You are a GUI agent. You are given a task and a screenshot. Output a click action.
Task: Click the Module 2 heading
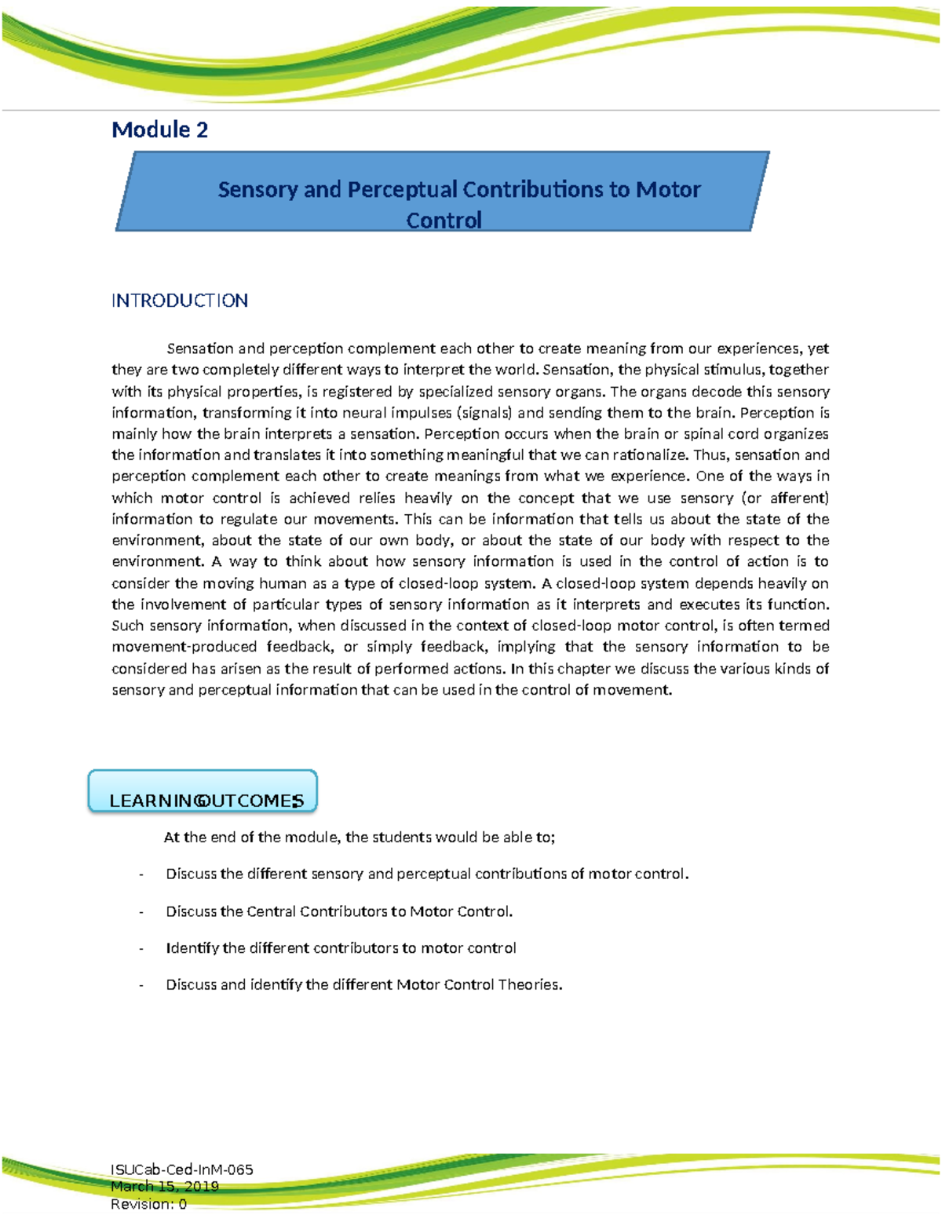coord(160,130)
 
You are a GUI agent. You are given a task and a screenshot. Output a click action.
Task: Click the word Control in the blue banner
coord(444,220)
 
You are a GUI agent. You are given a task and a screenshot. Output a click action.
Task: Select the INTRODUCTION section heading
coord(180,301)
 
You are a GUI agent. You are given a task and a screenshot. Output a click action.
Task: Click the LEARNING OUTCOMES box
coord(203,792)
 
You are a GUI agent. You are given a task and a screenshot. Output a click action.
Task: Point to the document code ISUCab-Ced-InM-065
coord(182,1170)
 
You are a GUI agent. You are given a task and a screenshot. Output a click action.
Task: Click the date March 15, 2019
coord(165,1186)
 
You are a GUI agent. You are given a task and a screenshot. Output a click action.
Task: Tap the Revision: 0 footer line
coord(149,1203)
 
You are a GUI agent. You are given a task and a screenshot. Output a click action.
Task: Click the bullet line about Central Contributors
coord(339,911)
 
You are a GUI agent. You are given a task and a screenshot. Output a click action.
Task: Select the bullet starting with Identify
coord(341,948)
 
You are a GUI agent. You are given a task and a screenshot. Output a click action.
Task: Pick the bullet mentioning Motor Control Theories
coord(364,984)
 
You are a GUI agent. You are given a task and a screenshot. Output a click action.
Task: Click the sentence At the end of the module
coord(359,837)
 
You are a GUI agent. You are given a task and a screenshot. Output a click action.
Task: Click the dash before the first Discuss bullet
coord(141,874)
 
